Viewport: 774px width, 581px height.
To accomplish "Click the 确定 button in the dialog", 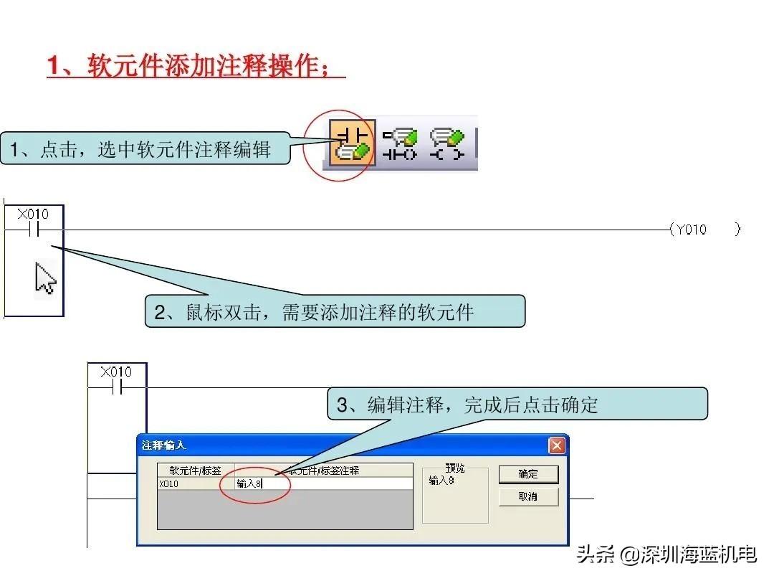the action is pyautogui.click(x=528, y=474).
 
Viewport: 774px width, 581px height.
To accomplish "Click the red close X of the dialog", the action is pyautogui.click(x=557, y=445).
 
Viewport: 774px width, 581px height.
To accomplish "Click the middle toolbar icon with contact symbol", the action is pyautogui.click(x=399, y=143).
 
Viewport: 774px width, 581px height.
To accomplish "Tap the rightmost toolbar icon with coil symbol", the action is pyautogui.click(x=447, y=143).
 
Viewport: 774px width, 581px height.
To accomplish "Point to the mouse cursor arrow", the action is pyautogui.click(x=45, y=278).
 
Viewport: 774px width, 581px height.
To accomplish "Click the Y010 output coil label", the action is pyautogui.click(x=691, y=230).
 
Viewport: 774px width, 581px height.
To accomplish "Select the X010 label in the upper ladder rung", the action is pyautogui.click(x=33, y=214).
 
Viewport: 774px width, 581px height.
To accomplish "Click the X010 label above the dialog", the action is pyautogui.click(x=116, y=372).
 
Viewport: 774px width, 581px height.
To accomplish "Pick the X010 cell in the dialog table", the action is pyautogui.click(x=169, y=484).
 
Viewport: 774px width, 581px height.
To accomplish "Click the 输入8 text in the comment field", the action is pyautogui.click(x=249, y=484).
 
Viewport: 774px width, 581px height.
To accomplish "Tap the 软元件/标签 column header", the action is pyautogui.click(x=195, y=471).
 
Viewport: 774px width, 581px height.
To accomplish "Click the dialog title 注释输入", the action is pyautogui.click(x=164, y=445).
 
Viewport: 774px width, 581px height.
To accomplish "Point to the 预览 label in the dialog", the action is pyautogui.click(x=454, y=468).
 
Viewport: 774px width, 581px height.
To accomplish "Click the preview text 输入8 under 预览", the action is pyautogui.click(x=441, y=481).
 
